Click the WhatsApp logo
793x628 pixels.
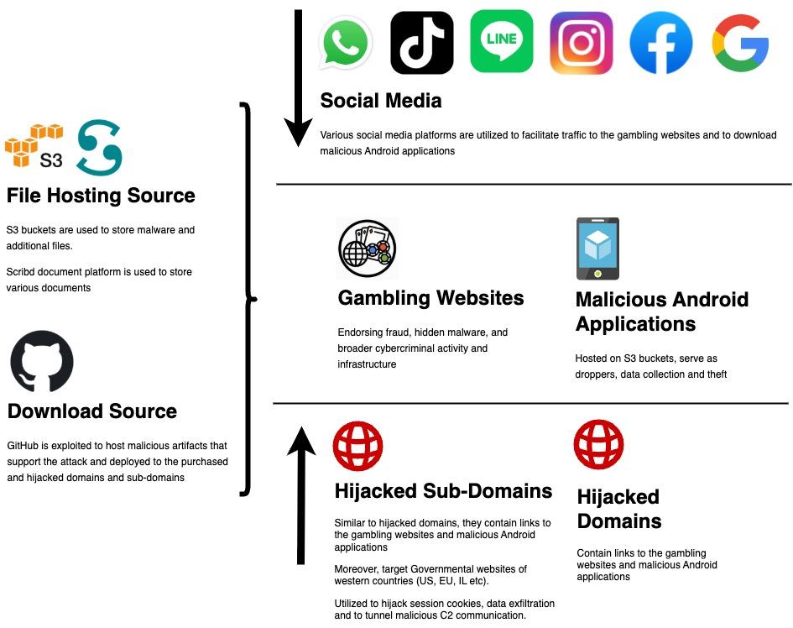[346, 43]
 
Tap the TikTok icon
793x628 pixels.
[422, 43]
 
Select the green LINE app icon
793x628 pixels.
[501, 41]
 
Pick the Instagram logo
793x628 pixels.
[581, 43]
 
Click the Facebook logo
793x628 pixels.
[660, 43]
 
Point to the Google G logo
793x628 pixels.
[740, 43]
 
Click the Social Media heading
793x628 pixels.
[381, 102]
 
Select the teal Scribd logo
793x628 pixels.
[100, 147]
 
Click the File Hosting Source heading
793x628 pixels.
[101, 196]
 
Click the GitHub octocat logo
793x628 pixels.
[42, 362]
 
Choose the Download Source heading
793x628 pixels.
[92, 411]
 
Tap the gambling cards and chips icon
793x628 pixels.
[367, 249]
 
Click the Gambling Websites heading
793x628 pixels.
[430, 298]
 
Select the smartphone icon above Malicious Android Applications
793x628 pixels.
[597, 249]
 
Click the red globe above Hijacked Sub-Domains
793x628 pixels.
[357, 447]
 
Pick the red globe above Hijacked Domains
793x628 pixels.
[599, 445]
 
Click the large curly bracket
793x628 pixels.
[247, 298]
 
